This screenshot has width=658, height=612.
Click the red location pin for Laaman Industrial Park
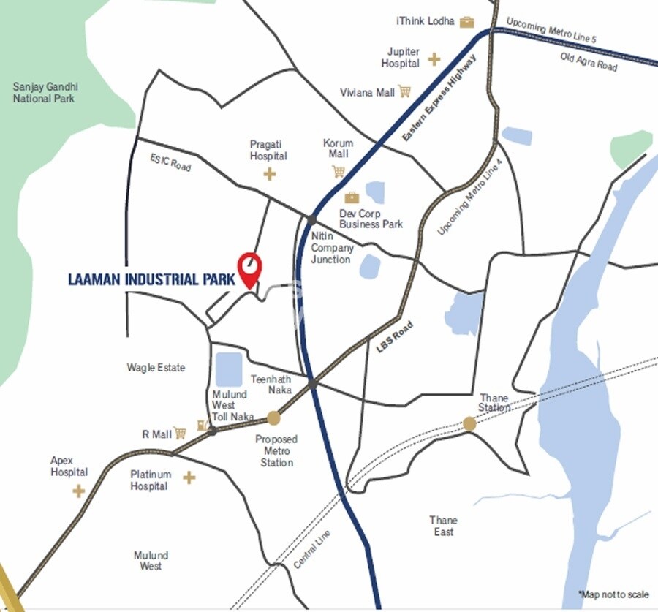click(250, 268)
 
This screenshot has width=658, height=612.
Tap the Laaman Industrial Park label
click(151, 279)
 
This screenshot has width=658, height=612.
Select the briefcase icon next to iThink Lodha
click(467, 22)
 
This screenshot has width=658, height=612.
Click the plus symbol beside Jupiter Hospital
click(434, 58)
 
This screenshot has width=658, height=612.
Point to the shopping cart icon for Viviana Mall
click(404, 91)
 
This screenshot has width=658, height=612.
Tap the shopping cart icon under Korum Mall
click(338, 171)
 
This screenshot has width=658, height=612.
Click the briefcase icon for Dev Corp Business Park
click(352, 197)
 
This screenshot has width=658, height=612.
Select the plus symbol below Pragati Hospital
click(270, 173)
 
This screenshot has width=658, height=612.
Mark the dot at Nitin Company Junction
click(312, 219)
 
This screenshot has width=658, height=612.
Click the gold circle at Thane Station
click(469, 423)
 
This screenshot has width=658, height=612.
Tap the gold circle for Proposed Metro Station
click(273, 418)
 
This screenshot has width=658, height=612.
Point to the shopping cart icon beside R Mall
click(180, 434)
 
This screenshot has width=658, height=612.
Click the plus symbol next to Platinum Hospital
click(189, 477)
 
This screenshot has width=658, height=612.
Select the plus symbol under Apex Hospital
click(78, 491)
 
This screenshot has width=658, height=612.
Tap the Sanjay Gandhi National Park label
click(44, 92)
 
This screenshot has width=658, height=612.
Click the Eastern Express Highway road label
click(439, 99)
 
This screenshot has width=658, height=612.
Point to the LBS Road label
click(395, 339)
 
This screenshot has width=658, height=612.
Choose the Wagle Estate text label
click(156, 367)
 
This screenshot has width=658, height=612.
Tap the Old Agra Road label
click(589, 62)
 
